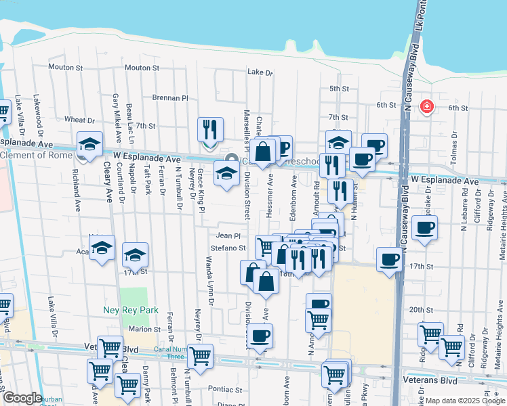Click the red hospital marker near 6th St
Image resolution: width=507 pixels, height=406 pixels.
pos(426,106)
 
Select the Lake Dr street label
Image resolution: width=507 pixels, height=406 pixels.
pos(260,72)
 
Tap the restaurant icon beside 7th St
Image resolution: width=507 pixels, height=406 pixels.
pos(210,129)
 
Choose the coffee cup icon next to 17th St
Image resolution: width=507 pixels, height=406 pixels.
pos(390,259)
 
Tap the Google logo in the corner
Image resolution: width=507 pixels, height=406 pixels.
pos(22,398)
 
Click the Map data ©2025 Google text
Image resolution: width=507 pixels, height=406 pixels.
pos(464,401)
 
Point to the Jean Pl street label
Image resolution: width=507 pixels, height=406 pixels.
pos(228,235)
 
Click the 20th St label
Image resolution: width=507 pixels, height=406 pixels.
pos(421,309)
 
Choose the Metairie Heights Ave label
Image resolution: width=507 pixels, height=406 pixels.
pos(502,217)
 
